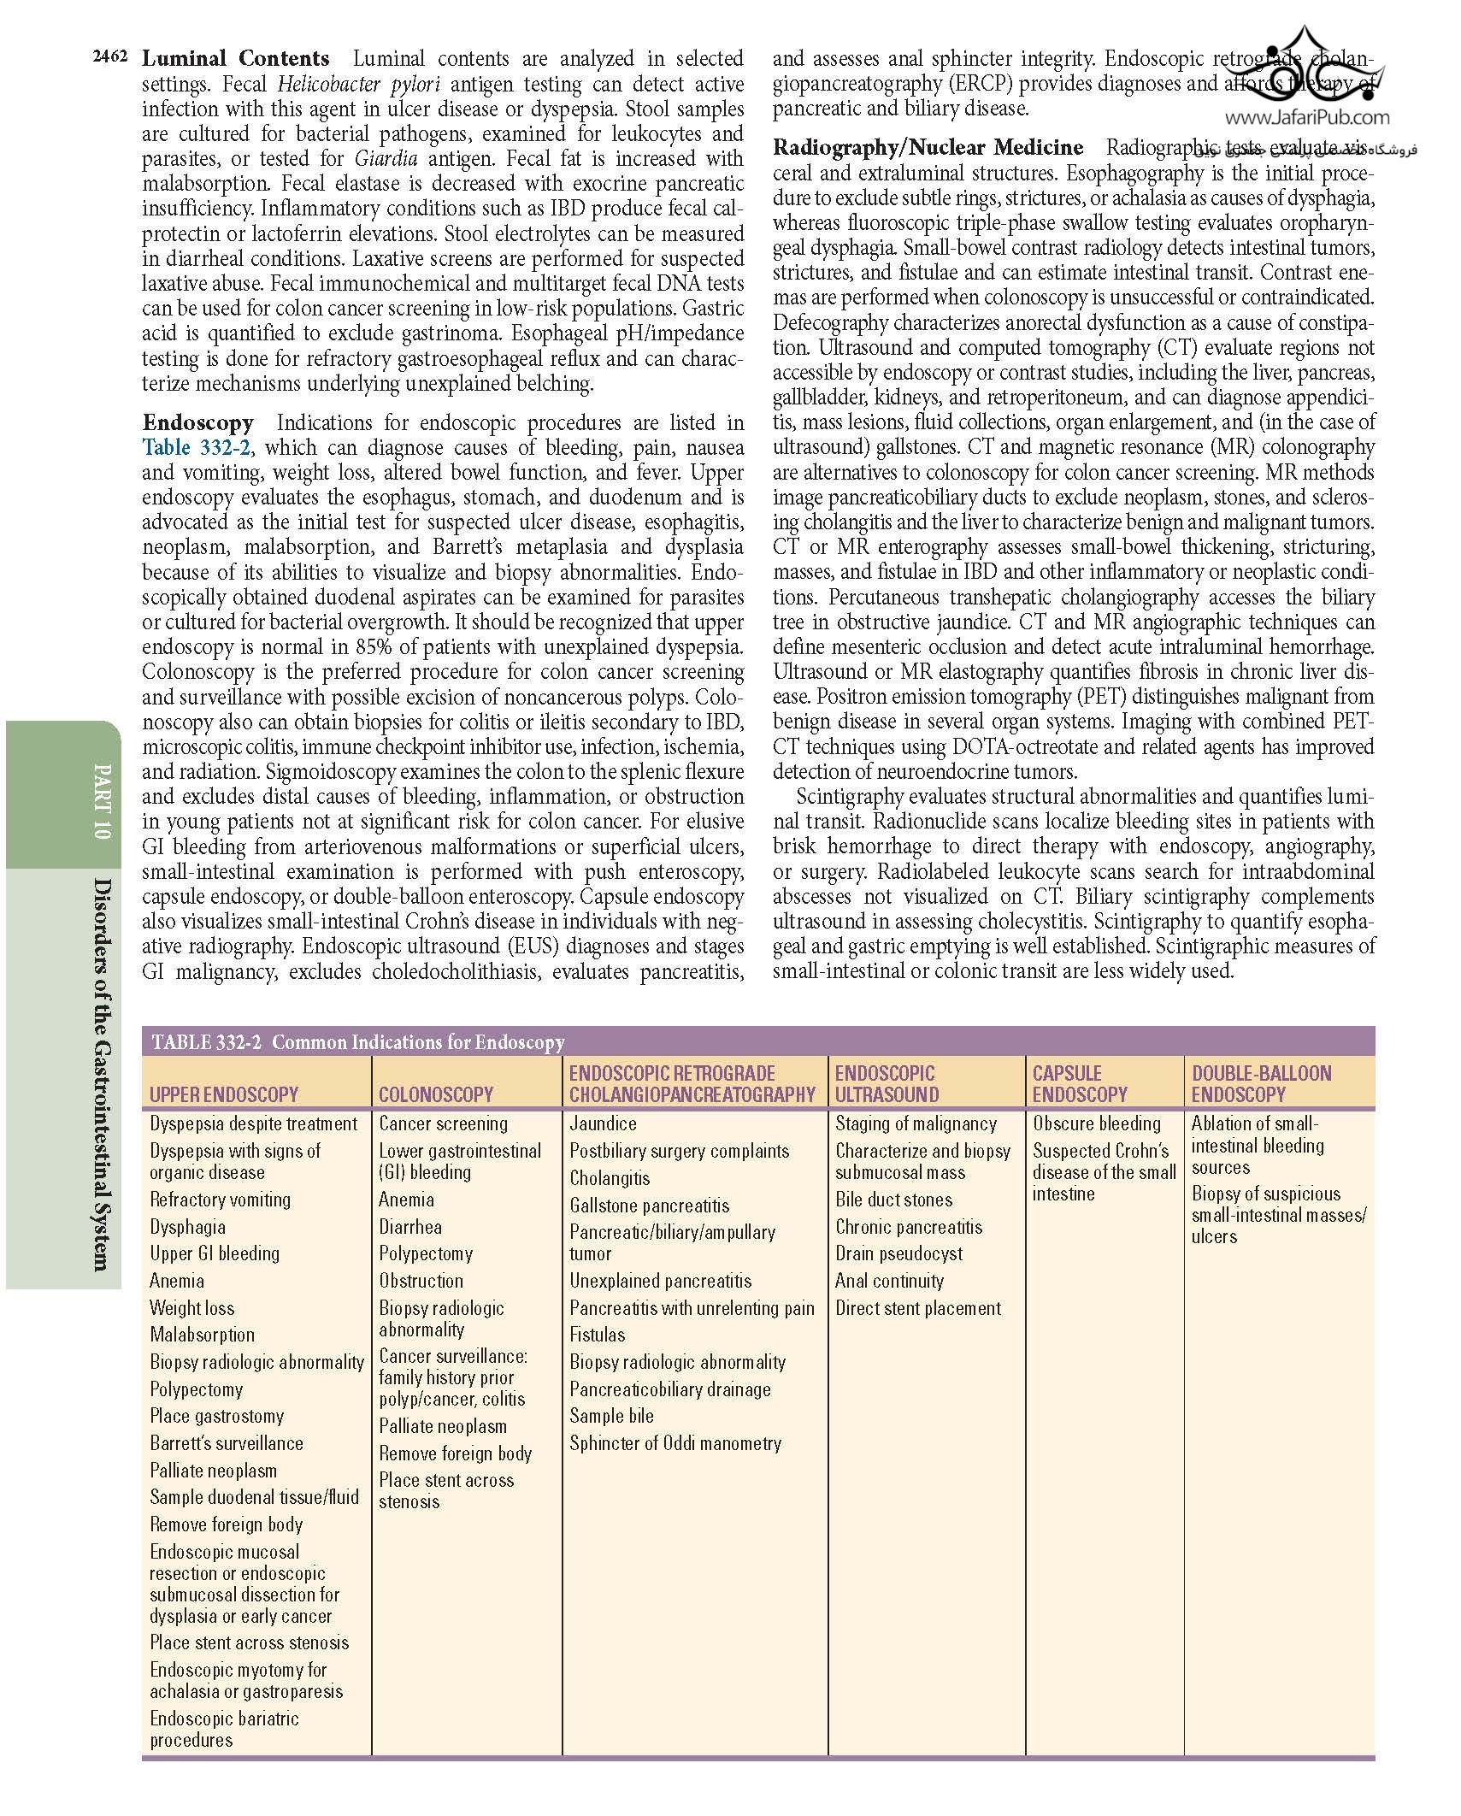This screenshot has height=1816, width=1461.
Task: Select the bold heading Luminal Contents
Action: [x=235, y=59]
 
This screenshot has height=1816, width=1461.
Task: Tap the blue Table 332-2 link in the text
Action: [x=196, y=447]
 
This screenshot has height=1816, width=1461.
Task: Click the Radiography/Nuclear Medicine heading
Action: [x=928, y=147]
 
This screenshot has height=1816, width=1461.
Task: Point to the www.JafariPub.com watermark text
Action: [x=1307, y=118]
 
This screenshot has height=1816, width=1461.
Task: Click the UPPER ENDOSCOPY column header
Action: [x=224, y=1094]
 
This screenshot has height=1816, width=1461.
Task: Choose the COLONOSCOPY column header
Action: [x=436, y=1094]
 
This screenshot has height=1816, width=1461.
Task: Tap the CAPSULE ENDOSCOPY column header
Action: [x=1080, y=1083]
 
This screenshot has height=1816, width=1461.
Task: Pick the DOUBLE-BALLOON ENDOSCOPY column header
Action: [x=1261, y=1083]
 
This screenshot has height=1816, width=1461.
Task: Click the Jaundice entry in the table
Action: [x=603, y=1123]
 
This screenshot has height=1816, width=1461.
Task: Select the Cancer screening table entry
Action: [x=443, y=1123]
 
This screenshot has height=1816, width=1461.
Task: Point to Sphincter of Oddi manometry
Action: [x=675, y=1443]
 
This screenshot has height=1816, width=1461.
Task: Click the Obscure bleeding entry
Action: [x=1097, y=1123]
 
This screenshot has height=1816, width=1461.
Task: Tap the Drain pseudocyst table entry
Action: [x=898, y=1253]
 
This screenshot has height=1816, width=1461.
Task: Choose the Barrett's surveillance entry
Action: [x=227, y=1443]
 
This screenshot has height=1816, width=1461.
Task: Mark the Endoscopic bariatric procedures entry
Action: [x=224, y=1729]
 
